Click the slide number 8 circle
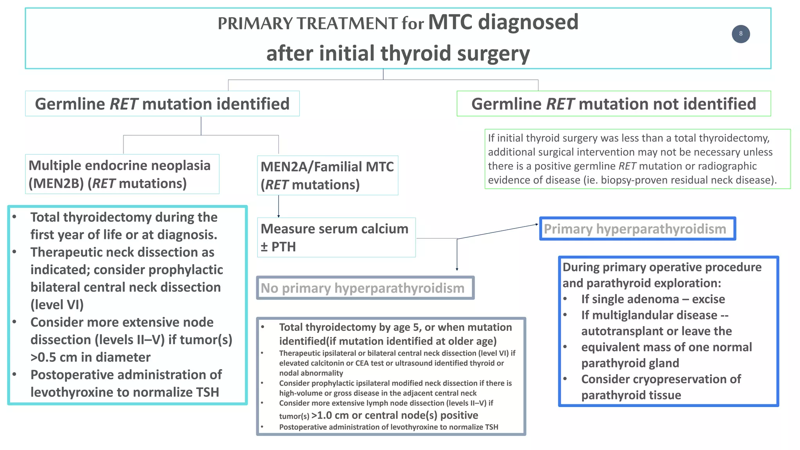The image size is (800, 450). [741, 34]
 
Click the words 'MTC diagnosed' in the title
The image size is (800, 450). [503, 22]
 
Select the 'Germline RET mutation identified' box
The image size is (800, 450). [162, 104]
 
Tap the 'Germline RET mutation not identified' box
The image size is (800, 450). [613, 104]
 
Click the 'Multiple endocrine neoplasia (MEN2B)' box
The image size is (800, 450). [122, 174]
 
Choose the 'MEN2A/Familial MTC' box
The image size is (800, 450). [327, 175]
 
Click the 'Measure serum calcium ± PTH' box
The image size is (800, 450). [336, 237]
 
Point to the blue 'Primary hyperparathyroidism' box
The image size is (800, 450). [637, 229]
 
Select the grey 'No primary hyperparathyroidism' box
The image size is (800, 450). [365, 288]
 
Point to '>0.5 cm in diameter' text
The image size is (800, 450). [91, 357]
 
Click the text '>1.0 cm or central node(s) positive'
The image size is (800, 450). [395, 415]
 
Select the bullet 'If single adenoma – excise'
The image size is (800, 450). [653, 299]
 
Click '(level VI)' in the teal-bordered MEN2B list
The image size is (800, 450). [57, 305]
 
